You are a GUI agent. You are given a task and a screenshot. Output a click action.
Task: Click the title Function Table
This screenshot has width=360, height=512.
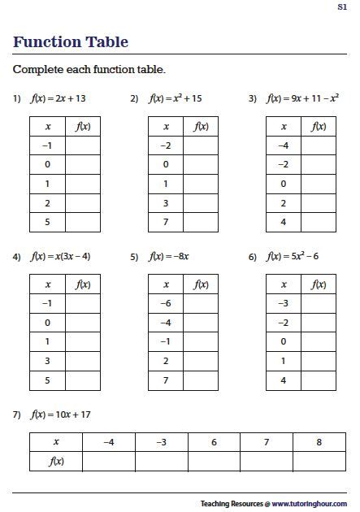pos(71,42)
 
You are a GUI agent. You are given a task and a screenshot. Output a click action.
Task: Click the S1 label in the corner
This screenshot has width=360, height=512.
pos(342,7)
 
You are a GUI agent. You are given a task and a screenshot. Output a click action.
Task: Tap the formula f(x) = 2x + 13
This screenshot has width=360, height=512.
pos(58,99)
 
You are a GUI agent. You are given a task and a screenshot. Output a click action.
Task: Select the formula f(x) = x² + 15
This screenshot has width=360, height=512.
pos(176,99)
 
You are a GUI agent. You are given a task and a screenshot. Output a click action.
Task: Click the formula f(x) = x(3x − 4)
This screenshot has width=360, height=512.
pos(61,257)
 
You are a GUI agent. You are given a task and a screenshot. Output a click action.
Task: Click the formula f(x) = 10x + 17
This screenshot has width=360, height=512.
pos(61,414)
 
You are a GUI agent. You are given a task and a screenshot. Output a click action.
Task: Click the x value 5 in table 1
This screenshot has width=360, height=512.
pos(47,223)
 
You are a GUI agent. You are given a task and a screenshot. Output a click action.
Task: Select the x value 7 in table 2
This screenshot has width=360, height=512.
pos(166,223)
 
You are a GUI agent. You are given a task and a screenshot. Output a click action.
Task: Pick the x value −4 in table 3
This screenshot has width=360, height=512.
pos(284,145)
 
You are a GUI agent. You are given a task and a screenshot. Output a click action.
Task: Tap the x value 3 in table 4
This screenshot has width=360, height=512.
pos(47,361)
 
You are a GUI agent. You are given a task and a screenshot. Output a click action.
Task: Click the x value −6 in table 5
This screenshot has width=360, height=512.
pos(166,303)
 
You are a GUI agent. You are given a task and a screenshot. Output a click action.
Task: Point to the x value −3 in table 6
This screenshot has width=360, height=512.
pos(284,303)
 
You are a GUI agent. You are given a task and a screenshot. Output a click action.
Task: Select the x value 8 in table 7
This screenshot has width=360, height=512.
pos(319,442)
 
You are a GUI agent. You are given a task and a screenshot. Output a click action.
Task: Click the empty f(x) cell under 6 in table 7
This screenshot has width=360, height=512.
pos(214,462)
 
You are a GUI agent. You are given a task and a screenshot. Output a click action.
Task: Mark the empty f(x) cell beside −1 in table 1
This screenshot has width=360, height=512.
pos(83,145)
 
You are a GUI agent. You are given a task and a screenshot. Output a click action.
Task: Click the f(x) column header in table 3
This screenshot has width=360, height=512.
pos(319,127)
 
